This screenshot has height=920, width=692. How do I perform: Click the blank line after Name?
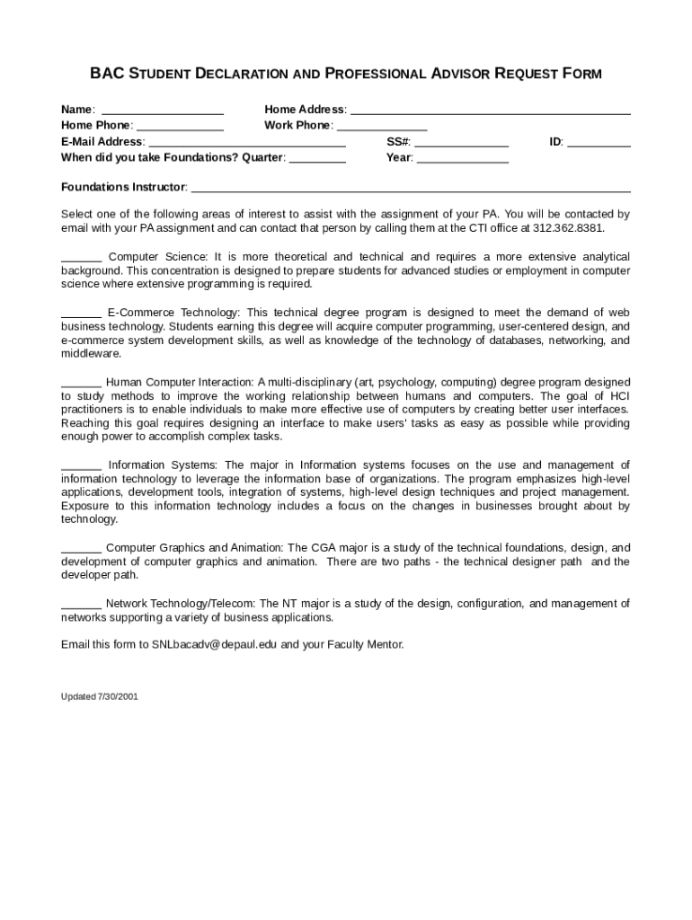coord(163,111)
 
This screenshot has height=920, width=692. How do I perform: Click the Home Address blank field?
coord(490,111)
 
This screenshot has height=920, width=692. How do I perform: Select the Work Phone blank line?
coord(381,127)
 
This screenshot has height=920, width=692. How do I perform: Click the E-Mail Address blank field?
coord(246,143)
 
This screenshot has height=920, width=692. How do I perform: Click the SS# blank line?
coord(461,143)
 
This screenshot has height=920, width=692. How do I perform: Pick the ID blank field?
coord(599,143)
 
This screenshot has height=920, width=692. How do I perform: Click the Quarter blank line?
coord(317,159)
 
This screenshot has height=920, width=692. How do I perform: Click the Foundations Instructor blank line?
coord(411,189)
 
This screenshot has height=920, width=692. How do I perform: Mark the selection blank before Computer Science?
coord(81,258)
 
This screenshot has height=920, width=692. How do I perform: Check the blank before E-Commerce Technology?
coord(81,313)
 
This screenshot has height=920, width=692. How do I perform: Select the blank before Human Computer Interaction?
coord(81,383)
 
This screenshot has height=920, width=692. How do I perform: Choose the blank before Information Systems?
coord(81,465)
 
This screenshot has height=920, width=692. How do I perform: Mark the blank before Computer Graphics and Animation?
coord(81,548)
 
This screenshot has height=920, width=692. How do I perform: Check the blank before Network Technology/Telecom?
coord(81,604)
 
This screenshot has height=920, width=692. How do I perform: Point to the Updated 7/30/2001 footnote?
coord(100,697)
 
